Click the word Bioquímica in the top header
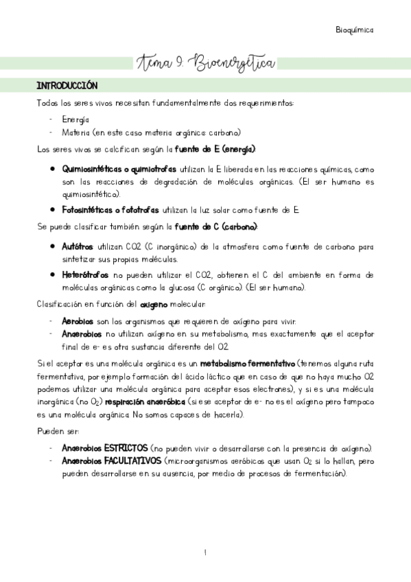[x=355, y=30]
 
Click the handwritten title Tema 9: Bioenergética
[x=205, y=64]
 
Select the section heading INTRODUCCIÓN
[x=67, y=86]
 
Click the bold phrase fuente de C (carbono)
[x=216, y=226]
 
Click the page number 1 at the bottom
[x=205, y=552]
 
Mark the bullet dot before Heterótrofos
[x=53, y=275]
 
